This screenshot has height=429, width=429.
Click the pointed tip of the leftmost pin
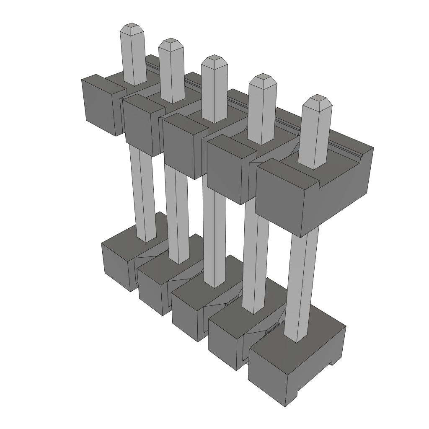[132, 28]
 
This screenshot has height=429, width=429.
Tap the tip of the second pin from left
[171, 43]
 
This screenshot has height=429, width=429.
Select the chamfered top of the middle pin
[214, 60]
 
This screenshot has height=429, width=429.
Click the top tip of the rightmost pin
[317, 101]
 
